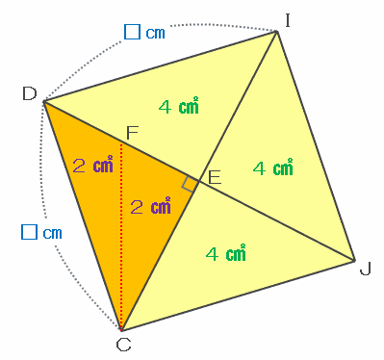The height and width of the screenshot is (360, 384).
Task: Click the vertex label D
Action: click(30, 94)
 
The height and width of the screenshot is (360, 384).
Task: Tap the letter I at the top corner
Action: click(288, 20)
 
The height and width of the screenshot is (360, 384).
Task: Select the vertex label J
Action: click(365, 269)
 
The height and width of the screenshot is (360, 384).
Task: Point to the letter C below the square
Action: click(123, 346)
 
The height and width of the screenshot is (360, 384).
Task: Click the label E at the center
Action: click(215, 177)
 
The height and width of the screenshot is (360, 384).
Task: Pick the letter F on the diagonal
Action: click(132, 133)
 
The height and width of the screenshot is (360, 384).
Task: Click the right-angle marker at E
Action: click(189, 185)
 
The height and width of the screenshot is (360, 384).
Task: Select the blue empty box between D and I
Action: click(132, 32)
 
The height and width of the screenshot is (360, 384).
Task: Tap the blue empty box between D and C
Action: click(29, 232)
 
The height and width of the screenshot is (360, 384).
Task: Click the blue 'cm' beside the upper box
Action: click(155, 33)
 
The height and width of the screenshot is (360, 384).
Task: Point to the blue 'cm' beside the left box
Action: click(52, 233)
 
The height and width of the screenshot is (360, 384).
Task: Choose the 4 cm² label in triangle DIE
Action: click(179, 106)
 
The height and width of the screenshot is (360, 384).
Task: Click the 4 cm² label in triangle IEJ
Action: click(273, 167)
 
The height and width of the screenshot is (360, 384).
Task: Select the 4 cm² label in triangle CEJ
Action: click(226, 253)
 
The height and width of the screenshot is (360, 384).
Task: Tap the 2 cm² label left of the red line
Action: click(93, 165)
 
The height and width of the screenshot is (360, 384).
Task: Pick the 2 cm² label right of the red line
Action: click(150, 206)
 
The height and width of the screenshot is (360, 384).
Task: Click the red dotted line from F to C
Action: click(121, 237)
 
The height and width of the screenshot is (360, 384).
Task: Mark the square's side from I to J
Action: click(316, 146)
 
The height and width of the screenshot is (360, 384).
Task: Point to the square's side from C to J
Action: click(238, 296)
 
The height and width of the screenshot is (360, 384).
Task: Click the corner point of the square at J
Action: click(354, 261)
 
